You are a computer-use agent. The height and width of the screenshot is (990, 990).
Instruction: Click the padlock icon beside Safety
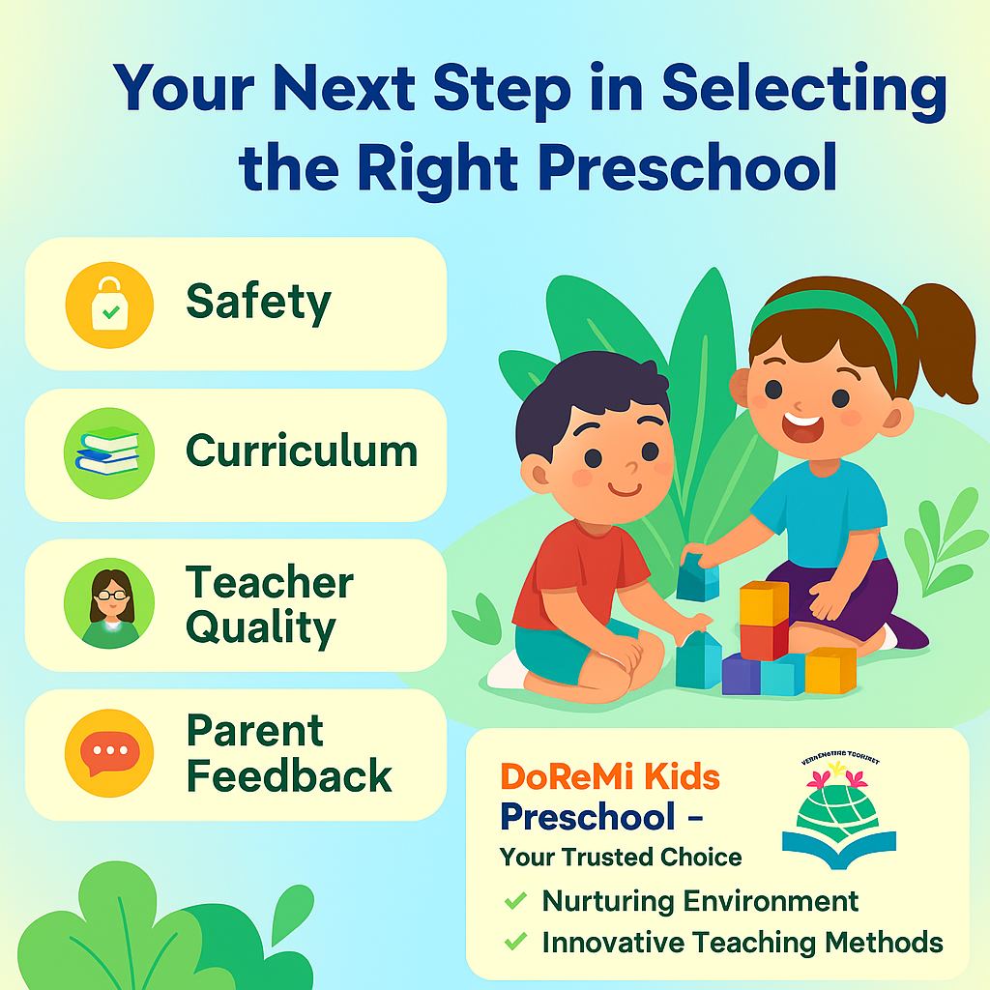point(109,304)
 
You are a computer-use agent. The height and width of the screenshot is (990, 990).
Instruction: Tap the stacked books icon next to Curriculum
point(109,452)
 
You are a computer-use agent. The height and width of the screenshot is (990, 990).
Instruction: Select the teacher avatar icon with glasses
point(109,603)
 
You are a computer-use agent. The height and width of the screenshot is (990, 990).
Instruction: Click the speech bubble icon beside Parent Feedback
point(109,753)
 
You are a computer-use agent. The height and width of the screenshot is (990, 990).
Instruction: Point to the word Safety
point(258,303)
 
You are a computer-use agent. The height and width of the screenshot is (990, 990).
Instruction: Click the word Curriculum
point(302,451)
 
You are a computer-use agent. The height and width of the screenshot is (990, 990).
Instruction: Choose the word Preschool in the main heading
point(687,166)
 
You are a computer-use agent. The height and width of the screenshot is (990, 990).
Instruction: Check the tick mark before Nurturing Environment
point(516,901)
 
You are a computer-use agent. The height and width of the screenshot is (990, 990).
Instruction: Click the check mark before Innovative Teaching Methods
point(516,941)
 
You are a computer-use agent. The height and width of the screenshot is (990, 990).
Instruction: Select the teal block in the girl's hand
point(698,582)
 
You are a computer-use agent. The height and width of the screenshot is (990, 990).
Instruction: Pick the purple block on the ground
point(742,673)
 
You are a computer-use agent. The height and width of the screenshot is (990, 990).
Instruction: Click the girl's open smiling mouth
point(804,425)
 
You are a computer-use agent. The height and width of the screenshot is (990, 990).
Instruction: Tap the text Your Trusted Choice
point(621,857)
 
